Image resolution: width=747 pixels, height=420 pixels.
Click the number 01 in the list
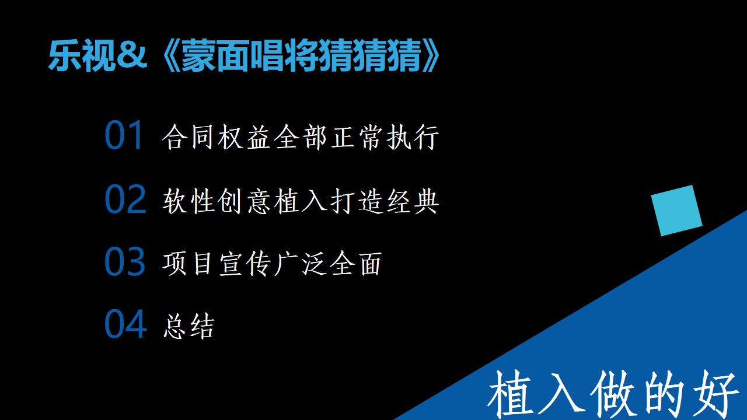click(124, 135)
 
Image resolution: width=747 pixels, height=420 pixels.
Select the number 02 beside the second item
click(125, 199)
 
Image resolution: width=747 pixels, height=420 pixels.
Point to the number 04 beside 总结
click(125, 324)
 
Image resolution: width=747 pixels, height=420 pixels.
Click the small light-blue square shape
click(676, 211)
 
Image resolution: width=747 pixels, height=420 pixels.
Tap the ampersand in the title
click(132, 55)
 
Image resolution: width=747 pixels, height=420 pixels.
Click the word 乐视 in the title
click(82, 55)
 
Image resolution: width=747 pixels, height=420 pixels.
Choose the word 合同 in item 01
click(187, 136)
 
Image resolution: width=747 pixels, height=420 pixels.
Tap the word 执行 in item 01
click(413, 136)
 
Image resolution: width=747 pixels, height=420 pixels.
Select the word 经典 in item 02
click(413, 201)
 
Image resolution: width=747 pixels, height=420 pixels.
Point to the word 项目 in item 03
click(187, 263)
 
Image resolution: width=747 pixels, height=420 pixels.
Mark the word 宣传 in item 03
click(244, 263)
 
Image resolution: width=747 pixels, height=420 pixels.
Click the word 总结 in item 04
click(189, 326)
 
